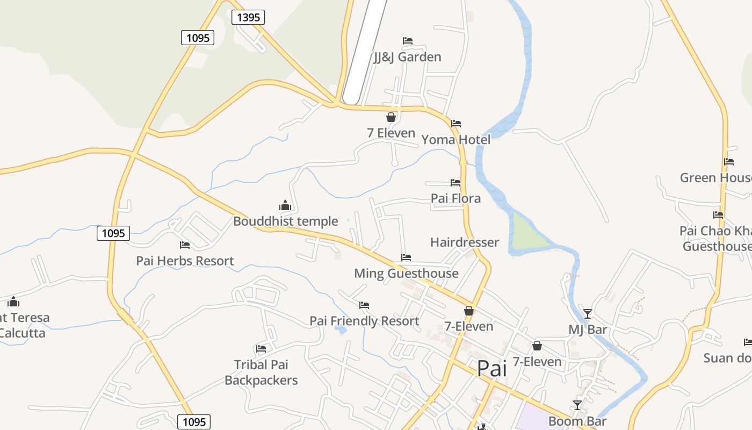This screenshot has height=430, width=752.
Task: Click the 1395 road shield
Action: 248,17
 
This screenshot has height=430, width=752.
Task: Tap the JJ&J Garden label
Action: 407,57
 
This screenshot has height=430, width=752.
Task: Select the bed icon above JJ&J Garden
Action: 408,41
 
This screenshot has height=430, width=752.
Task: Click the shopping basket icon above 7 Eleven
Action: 391,117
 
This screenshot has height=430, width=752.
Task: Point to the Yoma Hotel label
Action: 455,140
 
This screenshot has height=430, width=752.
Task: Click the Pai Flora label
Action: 455,198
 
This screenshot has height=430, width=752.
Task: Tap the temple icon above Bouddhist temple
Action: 285,205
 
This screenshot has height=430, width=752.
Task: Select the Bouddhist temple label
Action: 285,221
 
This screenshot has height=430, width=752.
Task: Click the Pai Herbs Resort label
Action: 185,261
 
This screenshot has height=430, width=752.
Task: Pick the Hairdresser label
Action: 464,242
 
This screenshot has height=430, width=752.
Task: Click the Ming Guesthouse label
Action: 406,273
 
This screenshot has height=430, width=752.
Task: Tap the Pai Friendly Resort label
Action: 364,321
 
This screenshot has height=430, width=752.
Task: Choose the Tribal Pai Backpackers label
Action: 261,372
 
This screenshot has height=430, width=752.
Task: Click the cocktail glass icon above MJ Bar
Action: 588,313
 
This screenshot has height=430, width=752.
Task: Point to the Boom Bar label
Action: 577,421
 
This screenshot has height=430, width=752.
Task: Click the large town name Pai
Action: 492,369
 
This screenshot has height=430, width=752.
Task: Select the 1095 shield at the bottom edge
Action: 194,421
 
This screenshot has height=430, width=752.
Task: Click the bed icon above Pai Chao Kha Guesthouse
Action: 718,215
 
